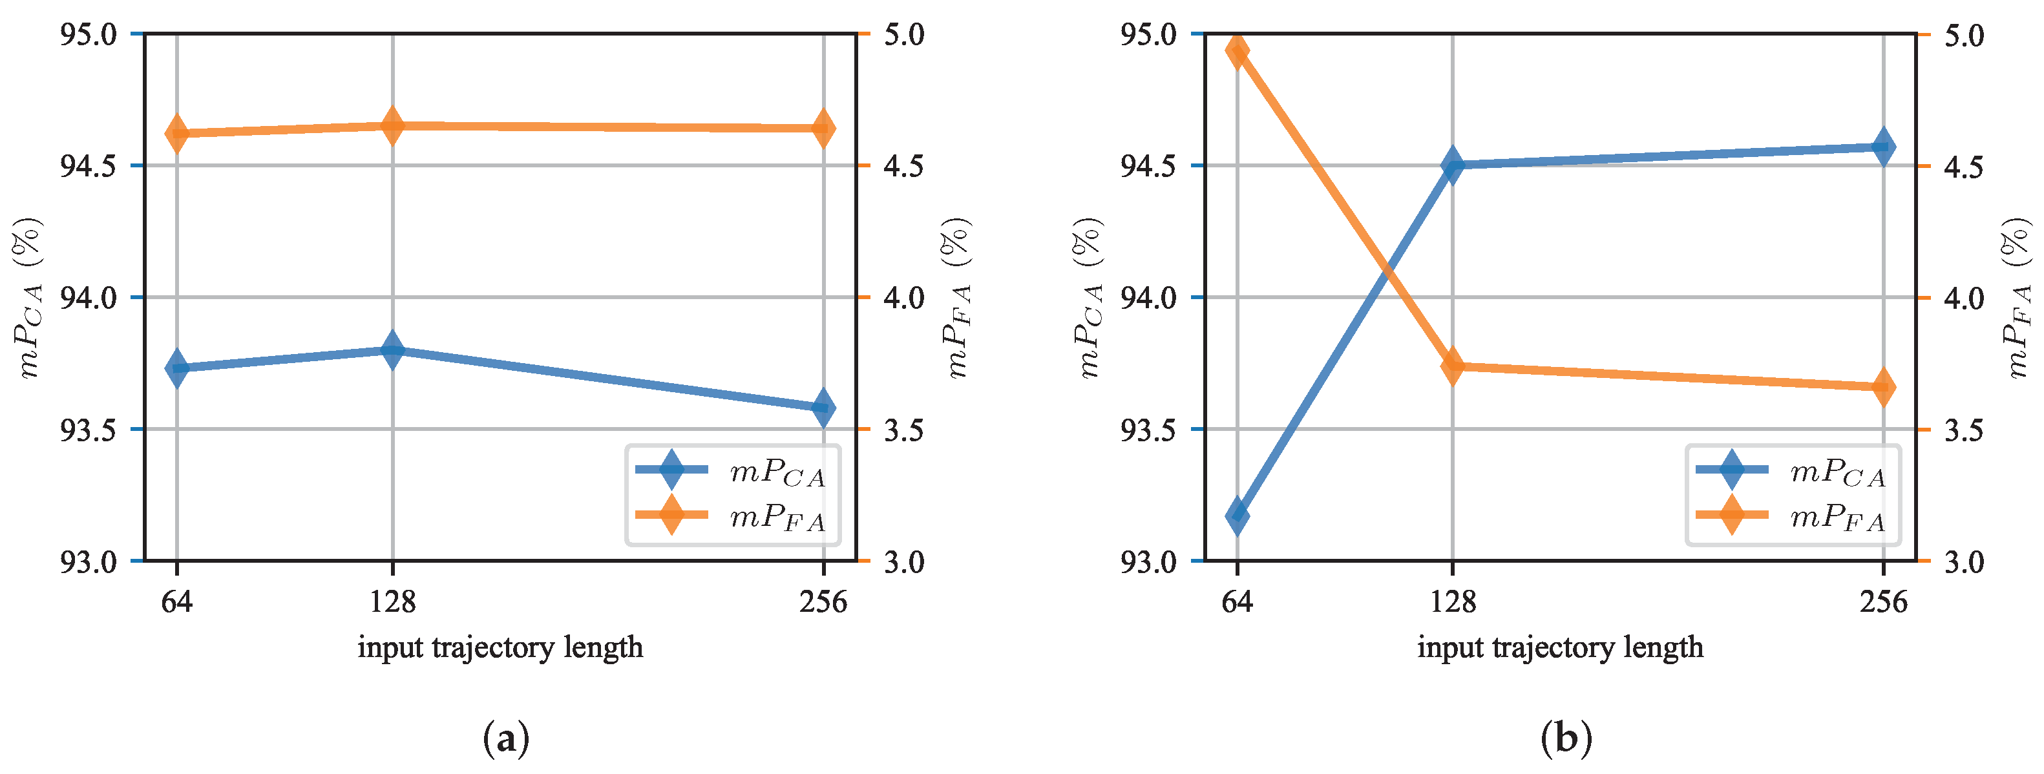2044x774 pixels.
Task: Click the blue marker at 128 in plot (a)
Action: pos(392,350)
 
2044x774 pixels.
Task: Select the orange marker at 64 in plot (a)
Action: pos(176,132)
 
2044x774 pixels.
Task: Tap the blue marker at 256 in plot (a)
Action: pos(824,408)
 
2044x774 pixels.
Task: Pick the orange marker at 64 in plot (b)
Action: pos(1237,52)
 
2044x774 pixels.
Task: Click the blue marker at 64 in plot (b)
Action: pos(1237,516)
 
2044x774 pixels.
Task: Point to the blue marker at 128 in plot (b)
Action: pos(1453,166)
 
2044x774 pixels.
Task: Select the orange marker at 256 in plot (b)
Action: pos(1884,388)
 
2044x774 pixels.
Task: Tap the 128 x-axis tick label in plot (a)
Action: pos(392,603)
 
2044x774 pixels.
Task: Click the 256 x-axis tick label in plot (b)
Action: pos(1884,603)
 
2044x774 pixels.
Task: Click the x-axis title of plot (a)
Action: pos(500,648)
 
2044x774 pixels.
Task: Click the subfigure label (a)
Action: pos(505,739)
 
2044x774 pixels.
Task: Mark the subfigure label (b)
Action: pos(1566,739)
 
